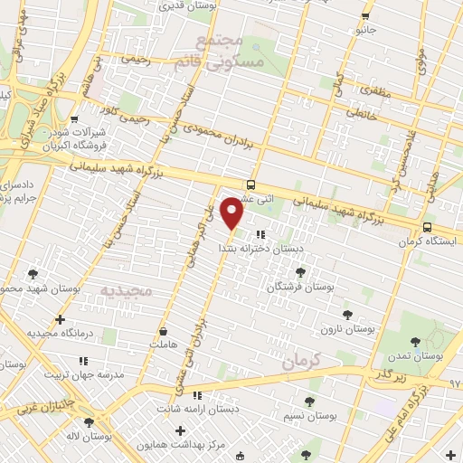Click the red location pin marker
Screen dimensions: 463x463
tap(232, 213)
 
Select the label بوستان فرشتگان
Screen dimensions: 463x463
tap(300, 286)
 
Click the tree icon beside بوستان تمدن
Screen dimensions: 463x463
tap(415, 342)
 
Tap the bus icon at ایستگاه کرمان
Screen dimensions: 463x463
tap(427, 228)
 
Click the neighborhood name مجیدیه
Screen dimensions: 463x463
tap(121, 291)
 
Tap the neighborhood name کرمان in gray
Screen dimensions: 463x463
tap(301, 361)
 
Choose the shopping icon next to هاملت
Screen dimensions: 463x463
tap(163, 331)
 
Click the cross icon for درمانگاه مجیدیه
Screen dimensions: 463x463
tap(60, 319)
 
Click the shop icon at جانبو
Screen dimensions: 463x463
tap(365, 16)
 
